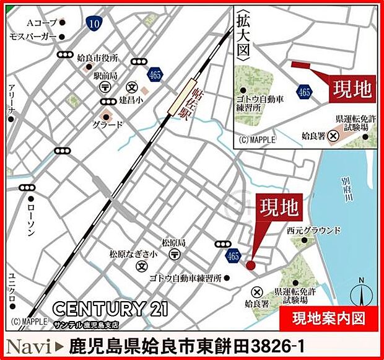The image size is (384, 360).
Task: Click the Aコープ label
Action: tap(41, 23)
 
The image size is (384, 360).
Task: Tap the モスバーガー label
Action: tap(33, 37)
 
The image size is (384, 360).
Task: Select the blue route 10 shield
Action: tap(94, 23)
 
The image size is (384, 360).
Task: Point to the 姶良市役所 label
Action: tap(98, 58)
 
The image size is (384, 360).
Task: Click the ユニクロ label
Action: tap(12, 288)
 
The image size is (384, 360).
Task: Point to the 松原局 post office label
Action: tap(174, 242)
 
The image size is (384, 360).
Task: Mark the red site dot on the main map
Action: tap(250, 265)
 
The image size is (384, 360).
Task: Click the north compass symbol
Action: tap(364, 291)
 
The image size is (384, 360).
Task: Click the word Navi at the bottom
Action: tap(28, 343)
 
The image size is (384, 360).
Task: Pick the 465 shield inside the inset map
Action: tap(304, 92)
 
